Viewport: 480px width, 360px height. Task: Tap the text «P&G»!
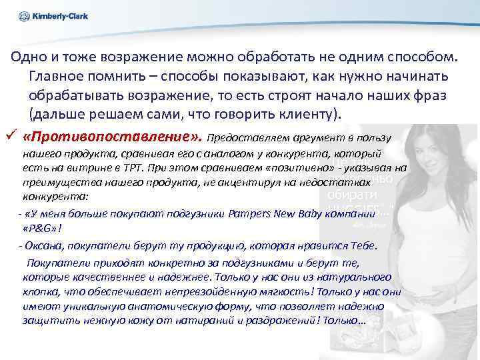click(42, 228)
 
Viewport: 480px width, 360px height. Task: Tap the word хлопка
click(41, 293)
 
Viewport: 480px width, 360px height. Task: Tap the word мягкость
click(289, 293)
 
